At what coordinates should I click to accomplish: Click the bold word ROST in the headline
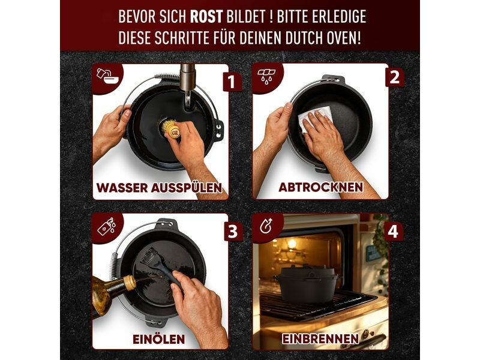(206, 17)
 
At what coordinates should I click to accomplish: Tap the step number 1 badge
(232, 82)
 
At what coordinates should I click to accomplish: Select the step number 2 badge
(394, 77)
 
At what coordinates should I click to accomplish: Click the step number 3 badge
(233, 232)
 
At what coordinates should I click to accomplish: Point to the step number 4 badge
(393, 231)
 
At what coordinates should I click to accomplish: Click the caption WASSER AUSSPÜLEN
(159, 188)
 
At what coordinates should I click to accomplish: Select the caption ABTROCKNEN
(321, 187)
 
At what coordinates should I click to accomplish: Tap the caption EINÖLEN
(158, 339)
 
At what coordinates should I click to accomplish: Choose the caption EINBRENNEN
(320, 339)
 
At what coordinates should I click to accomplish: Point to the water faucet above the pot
(187, 86)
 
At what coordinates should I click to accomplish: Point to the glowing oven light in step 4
(292, 244)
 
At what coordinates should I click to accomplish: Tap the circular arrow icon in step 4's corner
(266, 226)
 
